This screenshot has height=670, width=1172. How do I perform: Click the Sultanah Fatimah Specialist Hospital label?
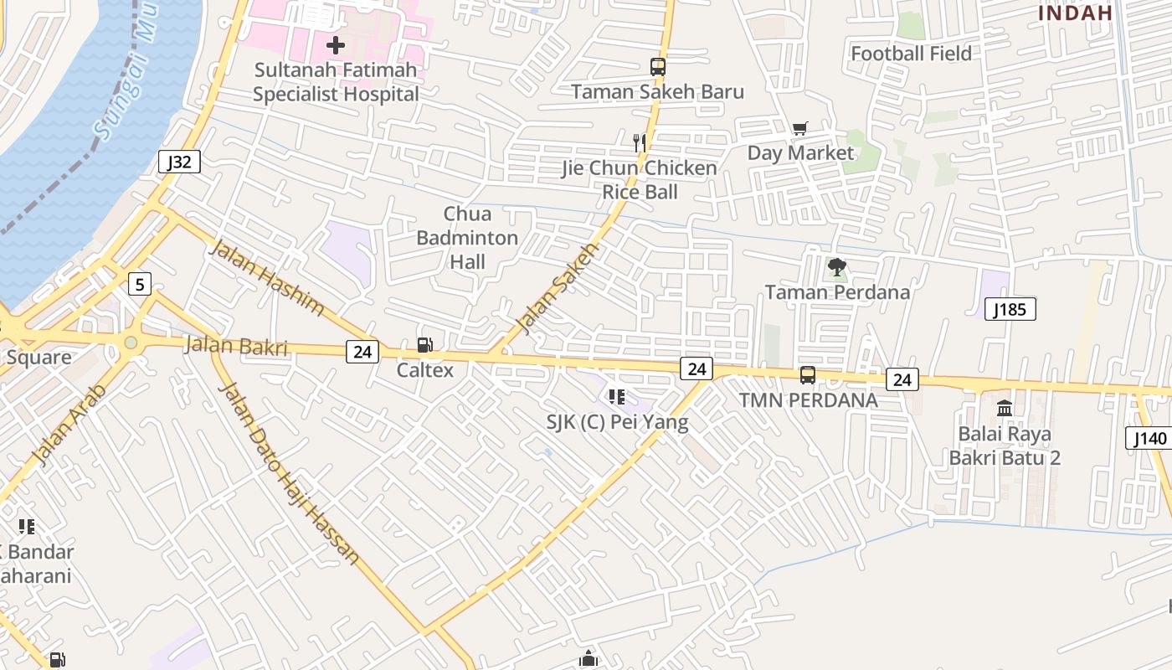pyautogui.click(x=336, y=82)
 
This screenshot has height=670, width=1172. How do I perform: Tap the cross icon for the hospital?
pyautogui.click(x=336, y=44)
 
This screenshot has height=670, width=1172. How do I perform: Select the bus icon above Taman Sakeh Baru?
pyautogui.click(x=658, y=67)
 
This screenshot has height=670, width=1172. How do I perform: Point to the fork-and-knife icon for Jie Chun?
pyautogui.click(x=640, y=142)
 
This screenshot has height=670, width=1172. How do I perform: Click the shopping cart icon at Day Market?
pyautogui.click(x=800, y=128)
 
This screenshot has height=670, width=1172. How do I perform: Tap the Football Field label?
pyautogui.click(x=911, y=54)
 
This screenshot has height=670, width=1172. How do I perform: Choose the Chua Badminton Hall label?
pyautogui.click(x=467, y=238)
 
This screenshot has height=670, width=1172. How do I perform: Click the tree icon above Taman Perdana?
pyautogui.click(x=836, y=268)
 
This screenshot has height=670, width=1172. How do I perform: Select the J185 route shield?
pyautogui.click(x=1010, y=309)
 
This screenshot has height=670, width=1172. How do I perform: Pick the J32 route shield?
pyautogui.click(x=179, y=162)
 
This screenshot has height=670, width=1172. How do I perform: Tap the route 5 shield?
pyautogui.click(x=140, y=284)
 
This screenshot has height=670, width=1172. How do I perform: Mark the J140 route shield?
pyautogui.click(x=1149, y=438)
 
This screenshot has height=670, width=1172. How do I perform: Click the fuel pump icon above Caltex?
pyautogui.click(x=425, y=345)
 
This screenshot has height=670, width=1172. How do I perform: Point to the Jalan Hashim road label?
pyautogui.click(x=266, y=277)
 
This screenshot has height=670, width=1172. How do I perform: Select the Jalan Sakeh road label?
pyautogui.click(x=558, y=288)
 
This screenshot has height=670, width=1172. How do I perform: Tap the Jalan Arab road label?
pyautogui.click(x=70, y=424)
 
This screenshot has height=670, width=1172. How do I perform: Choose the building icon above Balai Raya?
pyautogui.click(x=1005, y=408)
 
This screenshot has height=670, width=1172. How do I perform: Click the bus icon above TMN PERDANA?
pyautogui.click(x=808, y=375)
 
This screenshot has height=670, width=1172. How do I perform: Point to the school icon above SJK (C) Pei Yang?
pyautogui.click(x=617, y=396)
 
